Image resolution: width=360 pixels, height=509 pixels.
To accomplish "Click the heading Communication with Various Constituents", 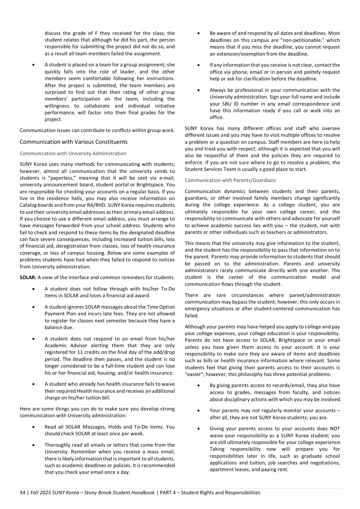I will (x=73, y=142).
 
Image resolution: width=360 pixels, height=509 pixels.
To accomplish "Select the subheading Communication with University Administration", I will (x=73, y=153).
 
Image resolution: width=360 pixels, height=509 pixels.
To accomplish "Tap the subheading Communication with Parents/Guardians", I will (x=230, y=180).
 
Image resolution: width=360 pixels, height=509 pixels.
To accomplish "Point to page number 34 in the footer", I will (x=22, y=493).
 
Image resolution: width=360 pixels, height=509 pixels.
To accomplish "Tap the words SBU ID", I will (x=221, y=104).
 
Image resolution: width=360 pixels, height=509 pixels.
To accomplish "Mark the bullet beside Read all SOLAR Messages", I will (x=34, y=427).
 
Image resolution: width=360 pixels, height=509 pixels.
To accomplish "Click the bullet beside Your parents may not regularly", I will (x=199, y=411).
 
